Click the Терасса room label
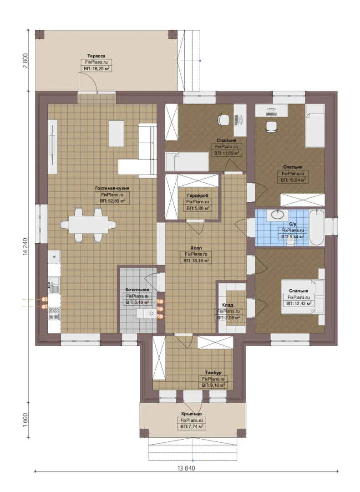(x=96, y=56)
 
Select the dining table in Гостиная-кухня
(x=88, y=225)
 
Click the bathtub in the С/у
(x=316, y=227)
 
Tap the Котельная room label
(x=137, y=289)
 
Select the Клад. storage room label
(x=228, y=305)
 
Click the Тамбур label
(x=213, y=373)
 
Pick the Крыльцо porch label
(x=192, y=414)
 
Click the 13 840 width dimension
(x=186, y=468)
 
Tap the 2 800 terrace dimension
(x=25, y=61)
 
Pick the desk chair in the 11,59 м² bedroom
(x=224, y=120)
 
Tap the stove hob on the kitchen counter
(x=54, y=313)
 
